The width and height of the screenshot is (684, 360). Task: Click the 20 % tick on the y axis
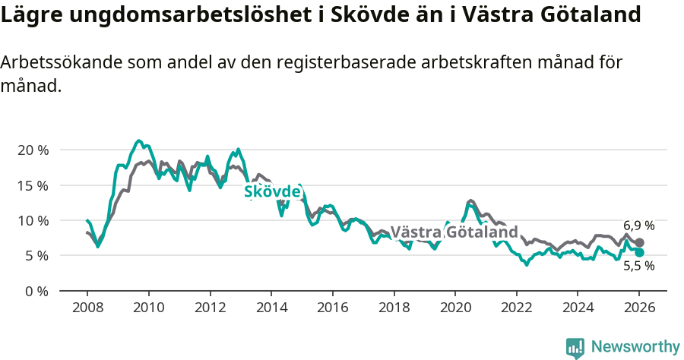pyautogui.click(x=33, y=150)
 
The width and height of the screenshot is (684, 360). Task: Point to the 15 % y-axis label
pyautogui.click(x=33, y=185)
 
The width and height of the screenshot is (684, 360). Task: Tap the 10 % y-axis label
pyautogui.click(x=33, y=220)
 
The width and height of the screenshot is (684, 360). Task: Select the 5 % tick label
pyautogui.click(x=36, y=256)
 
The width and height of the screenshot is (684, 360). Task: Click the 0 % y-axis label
pyautogui.click(x=36, y=291)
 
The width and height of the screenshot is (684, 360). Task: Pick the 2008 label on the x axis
pyautogui.click(x=87, y=308)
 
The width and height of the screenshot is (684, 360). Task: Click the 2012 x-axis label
pyautogui.click(x=210, y=308)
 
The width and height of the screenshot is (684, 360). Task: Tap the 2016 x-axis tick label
pyautogui.click(x=332, y=308)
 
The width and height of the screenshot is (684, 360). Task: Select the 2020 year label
pyautogui.click(x=455, y=308)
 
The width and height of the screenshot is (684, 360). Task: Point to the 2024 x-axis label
pyautogui.click(x=578, y=308)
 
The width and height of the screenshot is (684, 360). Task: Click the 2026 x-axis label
pyautogui.click(x=639, y=308)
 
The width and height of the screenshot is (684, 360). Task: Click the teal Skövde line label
pyautogui.click(x=272, y=192)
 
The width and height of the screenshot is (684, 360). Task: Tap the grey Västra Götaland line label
pyautogui.click(x=454, y=232)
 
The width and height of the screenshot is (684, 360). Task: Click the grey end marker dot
pyautogui.click(x=640, y=242)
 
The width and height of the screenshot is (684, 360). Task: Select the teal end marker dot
pyautogui.click(x=640, y=252)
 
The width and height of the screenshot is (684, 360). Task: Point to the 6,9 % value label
pyautogui.click(x=638, y=226)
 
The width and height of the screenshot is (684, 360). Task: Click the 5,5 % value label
pyautogui.click(x=638, y=267)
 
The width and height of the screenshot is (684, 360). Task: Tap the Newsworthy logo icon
pyautogui.click(x=575, y=347)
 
